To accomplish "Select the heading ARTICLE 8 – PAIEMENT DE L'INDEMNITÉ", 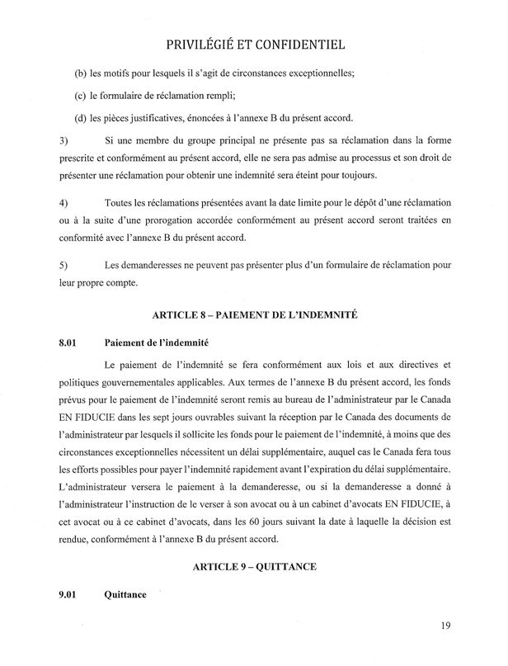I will pyautogui.click(x=253, y=316).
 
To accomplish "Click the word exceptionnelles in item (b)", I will pyautogui.click(x=317, y=73).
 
